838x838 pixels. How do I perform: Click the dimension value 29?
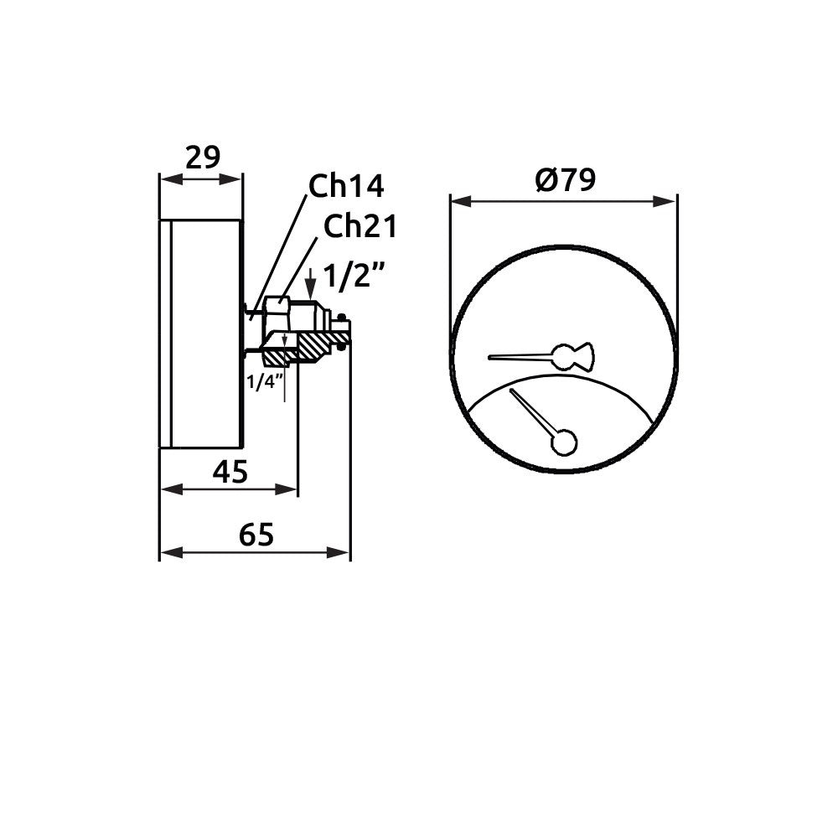[x=203, y=158]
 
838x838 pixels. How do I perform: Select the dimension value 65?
[x=256, y=535]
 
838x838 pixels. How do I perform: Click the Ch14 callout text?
[x=346, y=185]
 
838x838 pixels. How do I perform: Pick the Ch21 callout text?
[x=360, y=226]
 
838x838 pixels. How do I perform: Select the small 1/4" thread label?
[x=264, y=381]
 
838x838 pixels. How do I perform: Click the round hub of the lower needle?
[x=564, y=443]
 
